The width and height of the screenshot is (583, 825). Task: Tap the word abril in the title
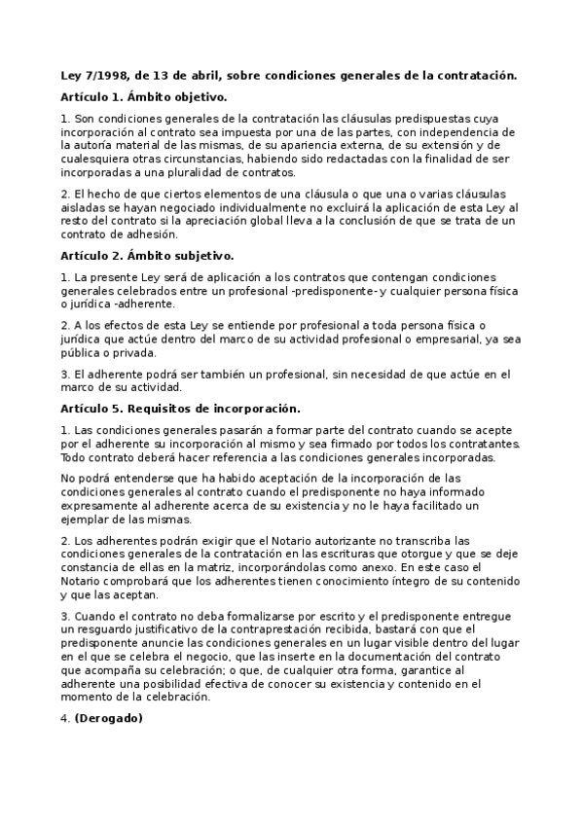coord(202,75)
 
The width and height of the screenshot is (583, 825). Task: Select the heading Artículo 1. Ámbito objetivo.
coord(143,96)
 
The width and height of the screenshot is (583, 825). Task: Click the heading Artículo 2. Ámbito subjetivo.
coord(146,256)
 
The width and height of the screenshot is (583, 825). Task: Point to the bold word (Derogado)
coord(109,719)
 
